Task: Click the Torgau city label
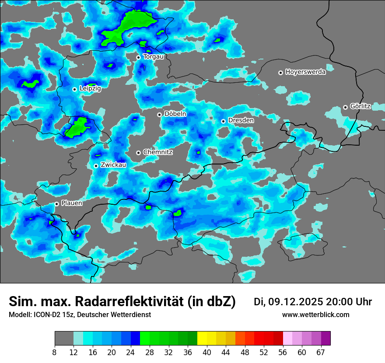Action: coord(153,57)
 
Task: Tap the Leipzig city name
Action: coord(90,89)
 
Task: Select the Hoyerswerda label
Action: coord(305,72)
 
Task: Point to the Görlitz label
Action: coord(360,107)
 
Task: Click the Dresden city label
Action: coord(241,120)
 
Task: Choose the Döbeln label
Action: coord(175,114)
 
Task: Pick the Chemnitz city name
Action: coord(157,152)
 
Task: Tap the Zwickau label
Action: coord(113,165)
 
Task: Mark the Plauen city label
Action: coord(72,203)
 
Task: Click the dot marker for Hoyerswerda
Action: coord(280,73)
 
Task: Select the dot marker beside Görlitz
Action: coord(345,107)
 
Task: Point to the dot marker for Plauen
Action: coord(56,204)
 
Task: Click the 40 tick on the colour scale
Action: coord(207,352)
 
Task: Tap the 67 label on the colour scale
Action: coord(321,352)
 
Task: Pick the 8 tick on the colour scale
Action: coord(54,352)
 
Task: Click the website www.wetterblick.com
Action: coord(315,315)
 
